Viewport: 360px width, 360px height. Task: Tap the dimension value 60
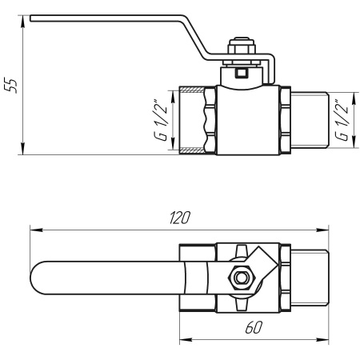tap(252, 328)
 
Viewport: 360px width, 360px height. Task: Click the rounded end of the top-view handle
tap(40, 279)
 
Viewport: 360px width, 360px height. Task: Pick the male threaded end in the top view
tap(308, 279)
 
